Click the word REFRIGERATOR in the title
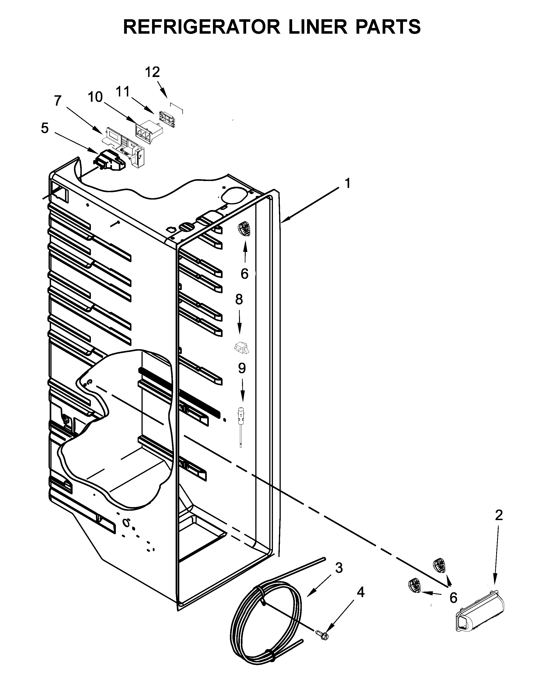(x=202, y=27)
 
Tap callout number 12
(x=152, y=72)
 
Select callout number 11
(x=123, y=92)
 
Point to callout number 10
(x=95, y=97)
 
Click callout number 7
(x=57, y=101)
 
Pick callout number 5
(x=45, y=128)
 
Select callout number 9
(x=242, y=368)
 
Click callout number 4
(x=361, y=593)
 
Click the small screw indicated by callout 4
(x=321, y=633)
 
